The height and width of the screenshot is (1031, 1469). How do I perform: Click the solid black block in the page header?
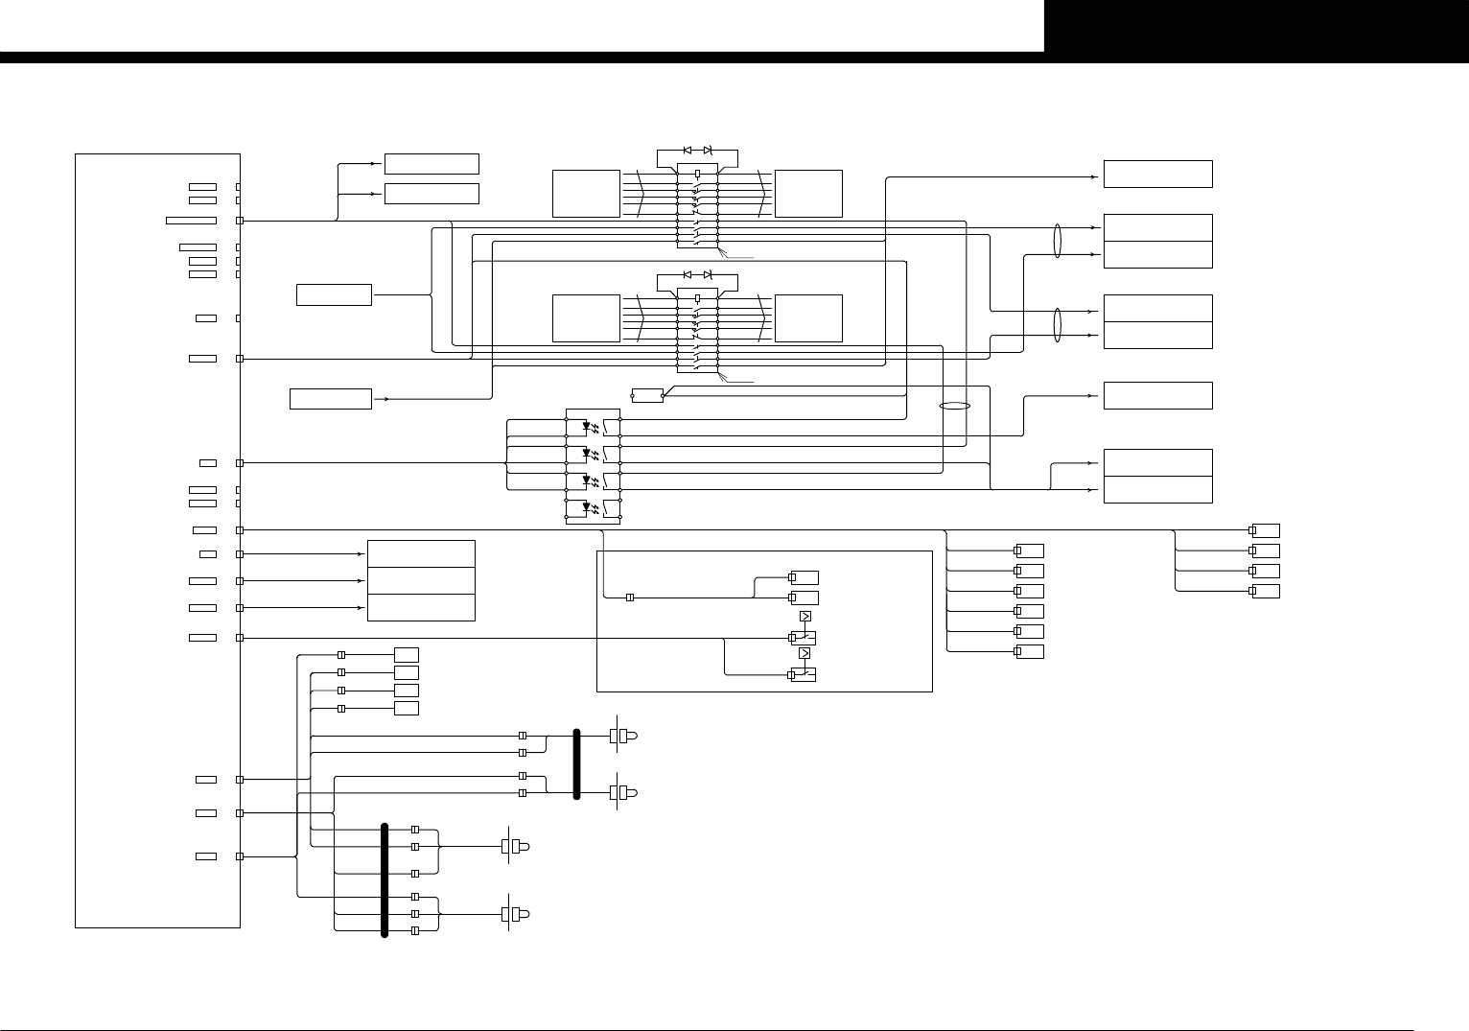click(1256, 26)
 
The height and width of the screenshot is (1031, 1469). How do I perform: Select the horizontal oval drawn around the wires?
click(955, 406)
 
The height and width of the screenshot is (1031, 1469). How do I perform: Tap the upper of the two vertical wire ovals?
click(1058, 240)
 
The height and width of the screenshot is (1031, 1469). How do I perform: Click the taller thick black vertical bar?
click(385, 879)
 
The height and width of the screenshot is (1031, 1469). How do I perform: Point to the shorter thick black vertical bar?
click(577, 763)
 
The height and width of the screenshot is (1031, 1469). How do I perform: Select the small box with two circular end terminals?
click(647, 395)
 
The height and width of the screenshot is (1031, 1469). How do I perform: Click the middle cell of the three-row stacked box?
click(421, 580)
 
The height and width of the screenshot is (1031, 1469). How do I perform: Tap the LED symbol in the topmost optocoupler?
click(586, 426)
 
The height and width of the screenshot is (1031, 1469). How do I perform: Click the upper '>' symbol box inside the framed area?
click(804, 616)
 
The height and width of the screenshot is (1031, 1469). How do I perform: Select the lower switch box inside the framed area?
click(803, 674)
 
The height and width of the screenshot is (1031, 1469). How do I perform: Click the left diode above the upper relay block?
click(688, 151)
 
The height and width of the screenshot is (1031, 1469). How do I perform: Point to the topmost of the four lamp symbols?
click(623, 736)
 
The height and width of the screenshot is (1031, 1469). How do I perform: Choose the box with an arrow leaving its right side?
click(330, 398)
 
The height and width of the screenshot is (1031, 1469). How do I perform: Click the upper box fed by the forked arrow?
click(431, 163)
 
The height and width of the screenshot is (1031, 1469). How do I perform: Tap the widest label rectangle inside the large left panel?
click(191, 221)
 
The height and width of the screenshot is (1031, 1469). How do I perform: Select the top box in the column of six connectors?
click(1030, 551)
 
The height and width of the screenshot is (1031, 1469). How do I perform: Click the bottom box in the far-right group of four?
click(1266, 591)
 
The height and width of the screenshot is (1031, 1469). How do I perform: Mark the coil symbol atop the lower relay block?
click(697, 298)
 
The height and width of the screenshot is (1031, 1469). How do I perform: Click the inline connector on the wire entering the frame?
click(630, 598)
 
